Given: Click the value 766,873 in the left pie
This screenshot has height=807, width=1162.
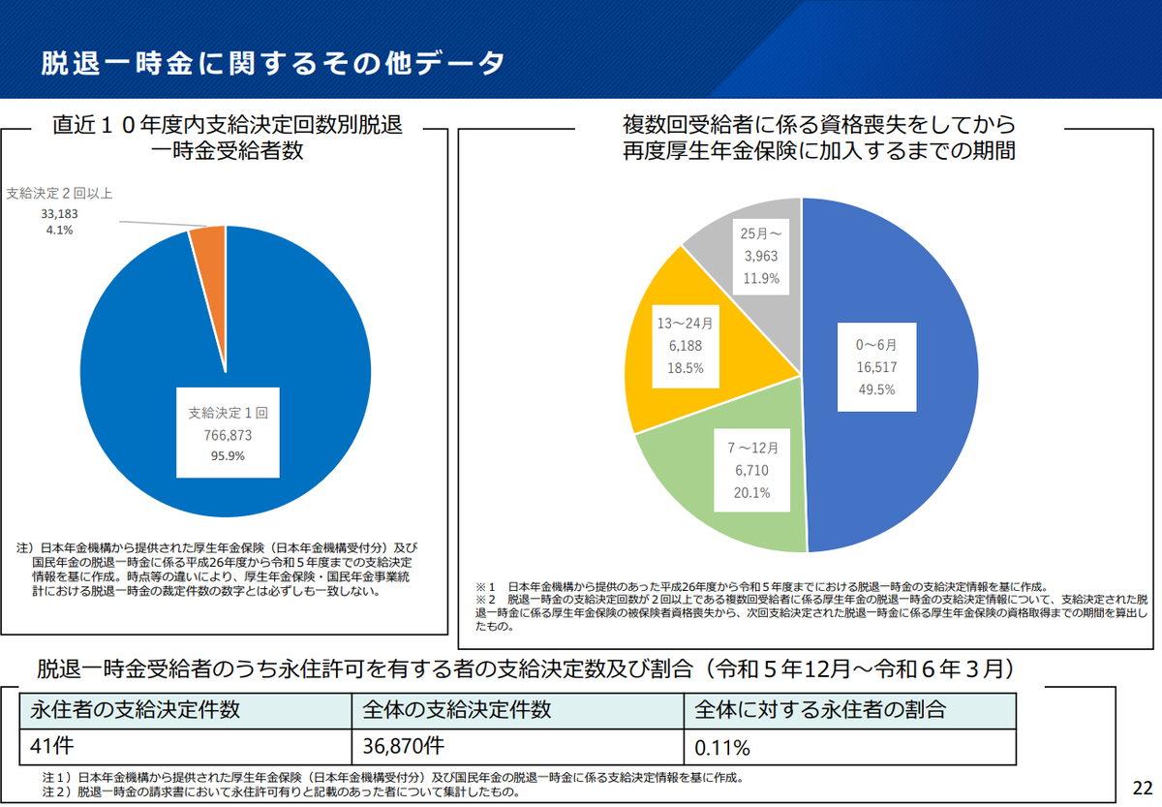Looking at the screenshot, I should point(228,435).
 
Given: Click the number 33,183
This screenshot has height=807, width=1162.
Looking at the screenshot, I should point(60,212).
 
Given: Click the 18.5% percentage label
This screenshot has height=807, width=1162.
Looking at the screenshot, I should point(685,367).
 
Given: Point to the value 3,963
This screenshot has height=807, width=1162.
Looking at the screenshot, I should point(760,255).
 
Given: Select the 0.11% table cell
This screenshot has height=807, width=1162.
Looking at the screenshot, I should point(722,748).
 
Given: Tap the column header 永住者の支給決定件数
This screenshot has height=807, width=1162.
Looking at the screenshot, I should point(136,708).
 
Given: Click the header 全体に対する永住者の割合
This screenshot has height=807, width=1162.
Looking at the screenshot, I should point(819,708).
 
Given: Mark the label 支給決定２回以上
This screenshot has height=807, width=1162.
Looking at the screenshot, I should point(59,194).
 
